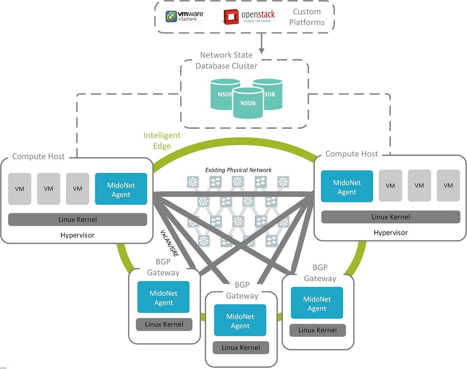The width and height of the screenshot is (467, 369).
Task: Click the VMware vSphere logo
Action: pos(184,16)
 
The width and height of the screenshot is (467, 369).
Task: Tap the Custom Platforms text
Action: pos(307,17)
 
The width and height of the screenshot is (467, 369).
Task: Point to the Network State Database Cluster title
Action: pos(226,60)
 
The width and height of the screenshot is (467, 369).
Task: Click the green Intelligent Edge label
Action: pos(162,141)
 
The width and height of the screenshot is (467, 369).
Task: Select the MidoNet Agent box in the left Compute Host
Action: pos(121,189)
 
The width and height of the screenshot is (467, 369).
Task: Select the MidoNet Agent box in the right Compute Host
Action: pos(347,186)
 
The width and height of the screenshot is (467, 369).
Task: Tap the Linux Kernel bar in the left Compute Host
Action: pos(77,219)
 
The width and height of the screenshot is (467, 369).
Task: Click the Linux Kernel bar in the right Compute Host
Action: pos(390,217)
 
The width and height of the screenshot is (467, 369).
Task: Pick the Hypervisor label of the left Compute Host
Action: pos(77,235)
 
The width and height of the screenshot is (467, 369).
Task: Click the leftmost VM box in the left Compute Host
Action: pos(19,189)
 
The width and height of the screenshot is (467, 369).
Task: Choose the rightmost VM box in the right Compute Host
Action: pos(448,186)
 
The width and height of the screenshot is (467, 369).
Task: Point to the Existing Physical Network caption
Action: pos(238,170)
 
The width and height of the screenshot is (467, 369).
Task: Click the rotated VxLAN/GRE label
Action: pos(170,243)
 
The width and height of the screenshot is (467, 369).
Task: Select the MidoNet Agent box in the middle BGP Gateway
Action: pos(240,320)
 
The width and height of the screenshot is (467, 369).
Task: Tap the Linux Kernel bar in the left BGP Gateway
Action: pos(164,324)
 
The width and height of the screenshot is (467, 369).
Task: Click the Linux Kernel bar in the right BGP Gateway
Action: pos(317,330)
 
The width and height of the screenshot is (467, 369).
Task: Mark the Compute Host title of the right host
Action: pos(351,154)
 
